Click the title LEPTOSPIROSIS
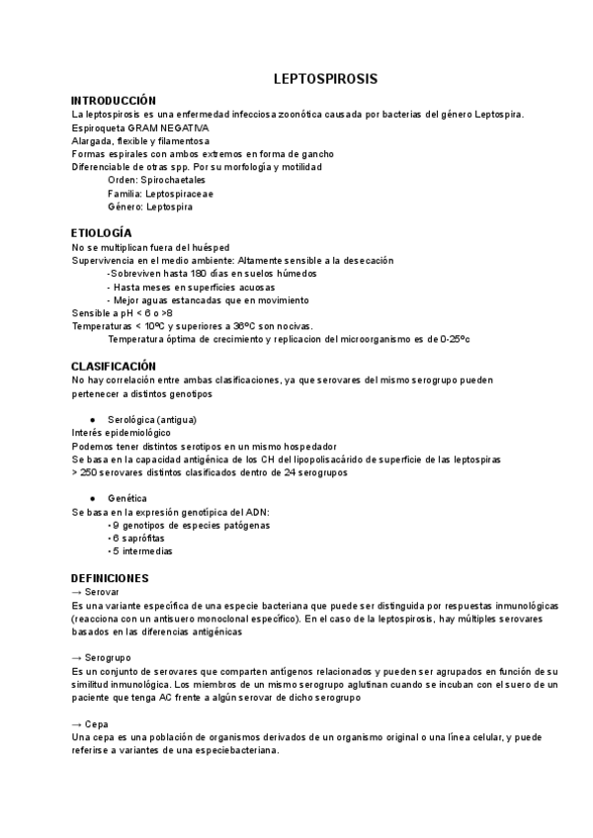pos(325,79)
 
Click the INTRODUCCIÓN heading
pos(115,101)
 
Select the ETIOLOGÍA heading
pos(102,232)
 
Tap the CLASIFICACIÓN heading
pos(114,366)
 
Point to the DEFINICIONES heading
pos(111,577)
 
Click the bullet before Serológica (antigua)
pos(91,419)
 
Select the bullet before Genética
pos(91,498)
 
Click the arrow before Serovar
pos(77,591)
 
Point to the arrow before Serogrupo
pos(77,657)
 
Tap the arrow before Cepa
pos(77,723)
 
